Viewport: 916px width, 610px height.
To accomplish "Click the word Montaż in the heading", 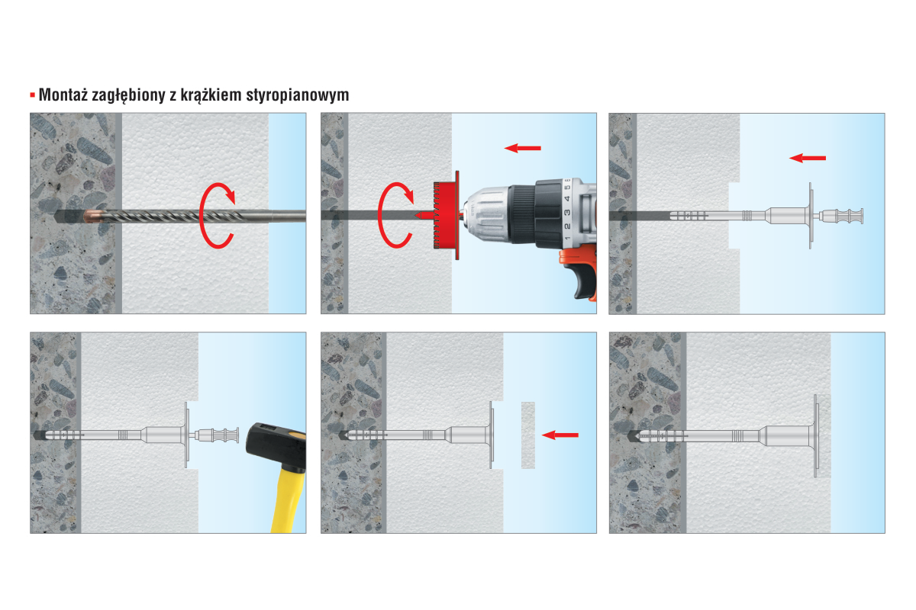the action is [x=63, y=95].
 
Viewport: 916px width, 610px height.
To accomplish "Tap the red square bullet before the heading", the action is [x=33, y=95].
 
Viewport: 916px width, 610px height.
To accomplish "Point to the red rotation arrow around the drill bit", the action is [x=217, y=215].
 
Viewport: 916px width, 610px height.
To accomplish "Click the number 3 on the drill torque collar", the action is [x=567, y=213].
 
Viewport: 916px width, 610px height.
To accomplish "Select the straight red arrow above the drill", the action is [x=523, y=148].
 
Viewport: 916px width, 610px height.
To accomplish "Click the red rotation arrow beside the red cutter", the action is [x=395, y=215].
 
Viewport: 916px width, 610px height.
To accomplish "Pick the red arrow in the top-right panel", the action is [x=808, y=158].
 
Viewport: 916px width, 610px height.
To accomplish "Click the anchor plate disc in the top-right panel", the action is [x=811, y=215].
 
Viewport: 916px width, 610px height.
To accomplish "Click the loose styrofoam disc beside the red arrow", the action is [x=528, y=435].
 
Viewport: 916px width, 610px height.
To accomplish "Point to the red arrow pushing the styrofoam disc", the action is [x=560, y=435].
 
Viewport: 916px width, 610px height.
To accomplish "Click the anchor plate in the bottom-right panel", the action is [x=816, y=435].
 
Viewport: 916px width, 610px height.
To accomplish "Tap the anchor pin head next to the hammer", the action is [x=217, y=435].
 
